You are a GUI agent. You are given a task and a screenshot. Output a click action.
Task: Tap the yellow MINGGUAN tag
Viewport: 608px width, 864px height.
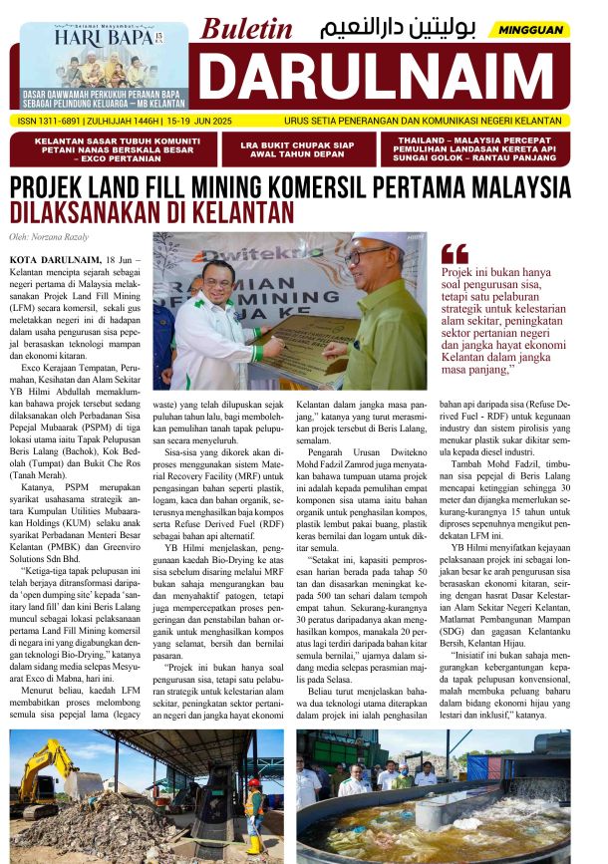pyautogui.click(x=530, y=30)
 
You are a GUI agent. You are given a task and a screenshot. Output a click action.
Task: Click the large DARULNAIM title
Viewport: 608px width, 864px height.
pyautogui.click(x=384, y=79)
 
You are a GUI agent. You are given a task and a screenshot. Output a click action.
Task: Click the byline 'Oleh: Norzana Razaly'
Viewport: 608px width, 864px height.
pyautogui.click(x=50, y=236)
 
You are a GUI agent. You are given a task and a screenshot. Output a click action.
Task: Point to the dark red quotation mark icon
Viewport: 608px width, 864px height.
pyautogui.click(x=454, y=253)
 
